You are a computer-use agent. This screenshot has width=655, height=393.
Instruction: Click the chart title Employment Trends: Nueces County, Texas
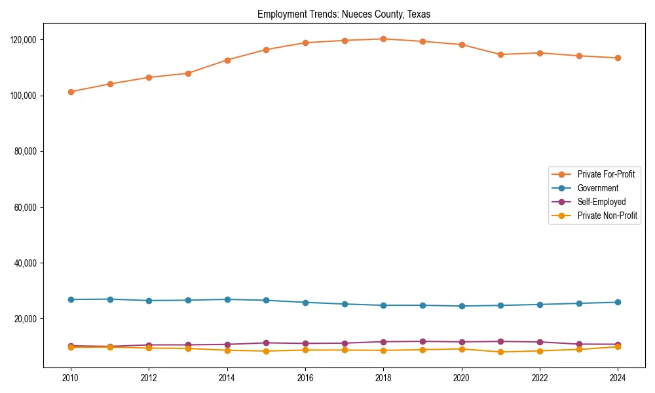[344, 14]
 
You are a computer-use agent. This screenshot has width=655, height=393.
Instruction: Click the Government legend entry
[597, 188]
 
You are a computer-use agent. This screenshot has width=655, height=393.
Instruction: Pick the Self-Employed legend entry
[601, 202]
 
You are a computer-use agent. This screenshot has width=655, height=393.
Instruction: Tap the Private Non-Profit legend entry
[607, 215]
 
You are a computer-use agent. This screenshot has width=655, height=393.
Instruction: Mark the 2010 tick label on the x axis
[71, 379]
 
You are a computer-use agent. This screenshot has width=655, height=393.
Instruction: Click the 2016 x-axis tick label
[305, 379]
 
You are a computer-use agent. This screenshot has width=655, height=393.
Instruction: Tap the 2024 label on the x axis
[618, 379]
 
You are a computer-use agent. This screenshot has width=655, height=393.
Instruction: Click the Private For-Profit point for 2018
[383, 39]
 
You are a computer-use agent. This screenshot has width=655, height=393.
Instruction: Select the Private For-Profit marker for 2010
[71, 92]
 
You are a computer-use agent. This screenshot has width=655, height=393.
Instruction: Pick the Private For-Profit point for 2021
[500, 54]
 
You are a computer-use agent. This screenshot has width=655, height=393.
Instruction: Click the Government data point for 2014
[227, 299]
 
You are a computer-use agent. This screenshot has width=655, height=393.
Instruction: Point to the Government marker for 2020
[462, 306]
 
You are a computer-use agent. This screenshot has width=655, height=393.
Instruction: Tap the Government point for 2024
[618, 302]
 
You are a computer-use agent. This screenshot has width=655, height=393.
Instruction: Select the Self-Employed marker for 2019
[422, 341]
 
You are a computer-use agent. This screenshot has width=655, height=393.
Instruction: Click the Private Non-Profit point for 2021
[500, 352]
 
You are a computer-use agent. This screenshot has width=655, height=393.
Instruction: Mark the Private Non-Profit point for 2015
[266, 351]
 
